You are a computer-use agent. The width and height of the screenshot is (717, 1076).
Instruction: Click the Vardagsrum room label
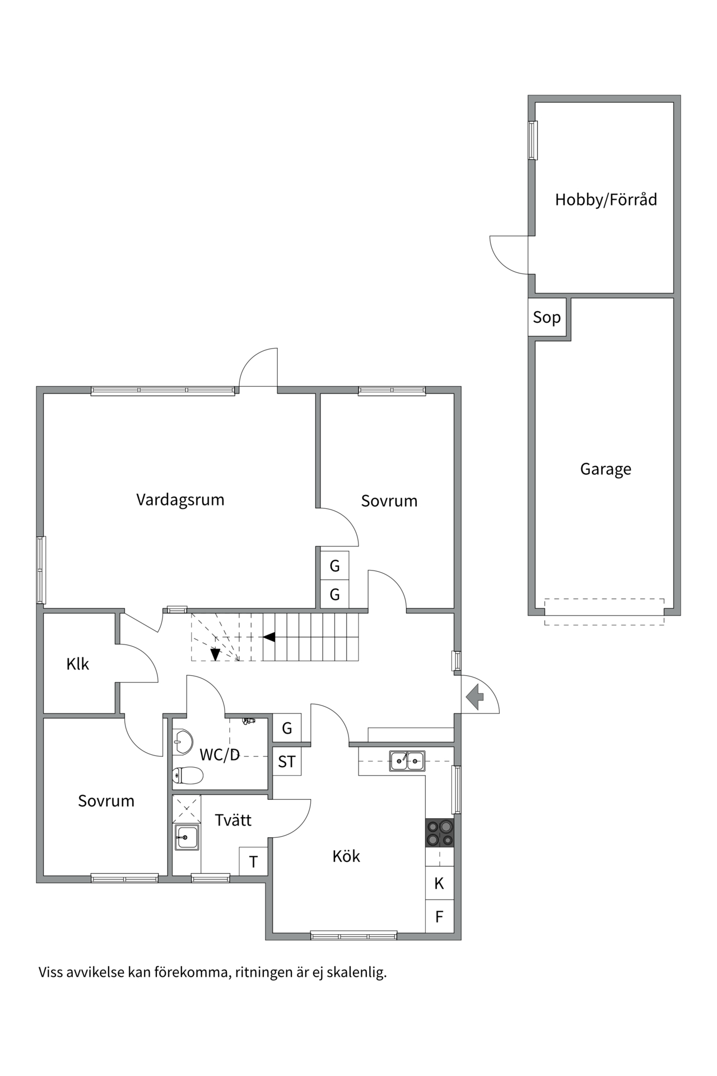[180, 499]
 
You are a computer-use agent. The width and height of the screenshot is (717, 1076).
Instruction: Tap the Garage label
[605, 469]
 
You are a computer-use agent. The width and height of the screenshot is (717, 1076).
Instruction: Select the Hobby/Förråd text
[606, 200]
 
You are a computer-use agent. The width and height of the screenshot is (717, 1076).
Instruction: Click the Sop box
[547, 317]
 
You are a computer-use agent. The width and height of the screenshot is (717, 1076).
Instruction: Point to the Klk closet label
[77, 664]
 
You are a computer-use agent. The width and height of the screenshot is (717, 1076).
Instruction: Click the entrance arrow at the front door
[475, 697]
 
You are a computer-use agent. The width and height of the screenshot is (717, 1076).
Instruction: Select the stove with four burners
[440, 833]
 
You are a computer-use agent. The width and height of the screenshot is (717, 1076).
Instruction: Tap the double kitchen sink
[407, 760]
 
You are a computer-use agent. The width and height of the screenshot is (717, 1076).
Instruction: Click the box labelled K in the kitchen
[439, 884]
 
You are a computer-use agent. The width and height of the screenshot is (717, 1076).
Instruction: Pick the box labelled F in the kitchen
[439, 917]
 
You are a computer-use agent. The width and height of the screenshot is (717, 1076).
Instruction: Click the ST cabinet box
[287, 762]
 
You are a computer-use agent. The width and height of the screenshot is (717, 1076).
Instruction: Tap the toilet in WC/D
[188, 776]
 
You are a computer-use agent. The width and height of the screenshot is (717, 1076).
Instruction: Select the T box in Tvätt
[253, 862]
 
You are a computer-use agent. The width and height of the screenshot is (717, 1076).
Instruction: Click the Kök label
[346, 856]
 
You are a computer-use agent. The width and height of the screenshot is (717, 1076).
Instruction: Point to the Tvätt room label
[233, 820]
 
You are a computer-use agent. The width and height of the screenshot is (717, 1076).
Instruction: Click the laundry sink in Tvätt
[187, 837]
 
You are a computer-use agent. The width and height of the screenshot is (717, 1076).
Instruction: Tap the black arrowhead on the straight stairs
[269, 637]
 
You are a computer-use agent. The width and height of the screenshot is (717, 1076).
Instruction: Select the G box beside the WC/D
[287, 728]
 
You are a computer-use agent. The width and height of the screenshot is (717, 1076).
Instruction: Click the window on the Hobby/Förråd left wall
[533, 140]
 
